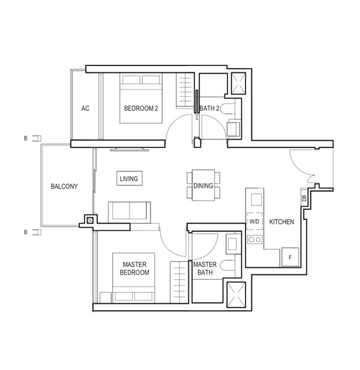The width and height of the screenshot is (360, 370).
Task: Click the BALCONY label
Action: pyautogui.click(x=64, y=187)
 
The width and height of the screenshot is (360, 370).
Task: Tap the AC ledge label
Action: pyautogui.click(x=85, y=108)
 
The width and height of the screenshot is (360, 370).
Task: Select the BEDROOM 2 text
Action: pyautogui.click(x=141, y=108)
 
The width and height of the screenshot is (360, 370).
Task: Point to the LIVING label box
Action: pyautogui.click(x=130, y=178)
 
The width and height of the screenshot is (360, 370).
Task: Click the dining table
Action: pyautogui.click(x=203, y=185)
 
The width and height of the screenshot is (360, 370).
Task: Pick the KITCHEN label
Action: pyautogui.click(x=282, y=222)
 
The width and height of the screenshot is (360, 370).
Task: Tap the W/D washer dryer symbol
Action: pyautogui.click(x=254, y=221)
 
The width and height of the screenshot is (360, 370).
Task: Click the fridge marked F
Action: pyautogui.click(x=290, y=257)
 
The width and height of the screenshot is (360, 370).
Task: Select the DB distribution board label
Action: pyautogui.click(x=304, y=198)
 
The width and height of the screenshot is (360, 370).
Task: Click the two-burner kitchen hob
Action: pyautogui.click(x=255, y=240)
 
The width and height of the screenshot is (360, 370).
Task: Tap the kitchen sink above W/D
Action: pyautogui.click(x=256, y=200)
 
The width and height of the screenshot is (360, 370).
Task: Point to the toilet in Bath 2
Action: pyautogui.click(x=227, y=109)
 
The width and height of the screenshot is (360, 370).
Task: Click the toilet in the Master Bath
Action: pyautogui.click(x=228, y=265)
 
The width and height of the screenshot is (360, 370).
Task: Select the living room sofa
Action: pyautogui.click(x=130, y=212)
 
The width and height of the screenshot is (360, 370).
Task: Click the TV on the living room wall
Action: pyautogui.click(x=130, y=149)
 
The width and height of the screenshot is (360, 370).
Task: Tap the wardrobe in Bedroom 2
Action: pyautogui.click(x=184, y=91)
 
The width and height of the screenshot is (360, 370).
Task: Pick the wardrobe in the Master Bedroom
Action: pyautogui.click(x=178, y=282)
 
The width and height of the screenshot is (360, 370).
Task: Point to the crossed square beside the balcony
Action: pyautogui.click(x=90, y=221)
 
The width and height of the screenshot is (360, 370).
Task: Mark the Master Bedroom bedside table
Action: pyautogui.click(x=106, y=298)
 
